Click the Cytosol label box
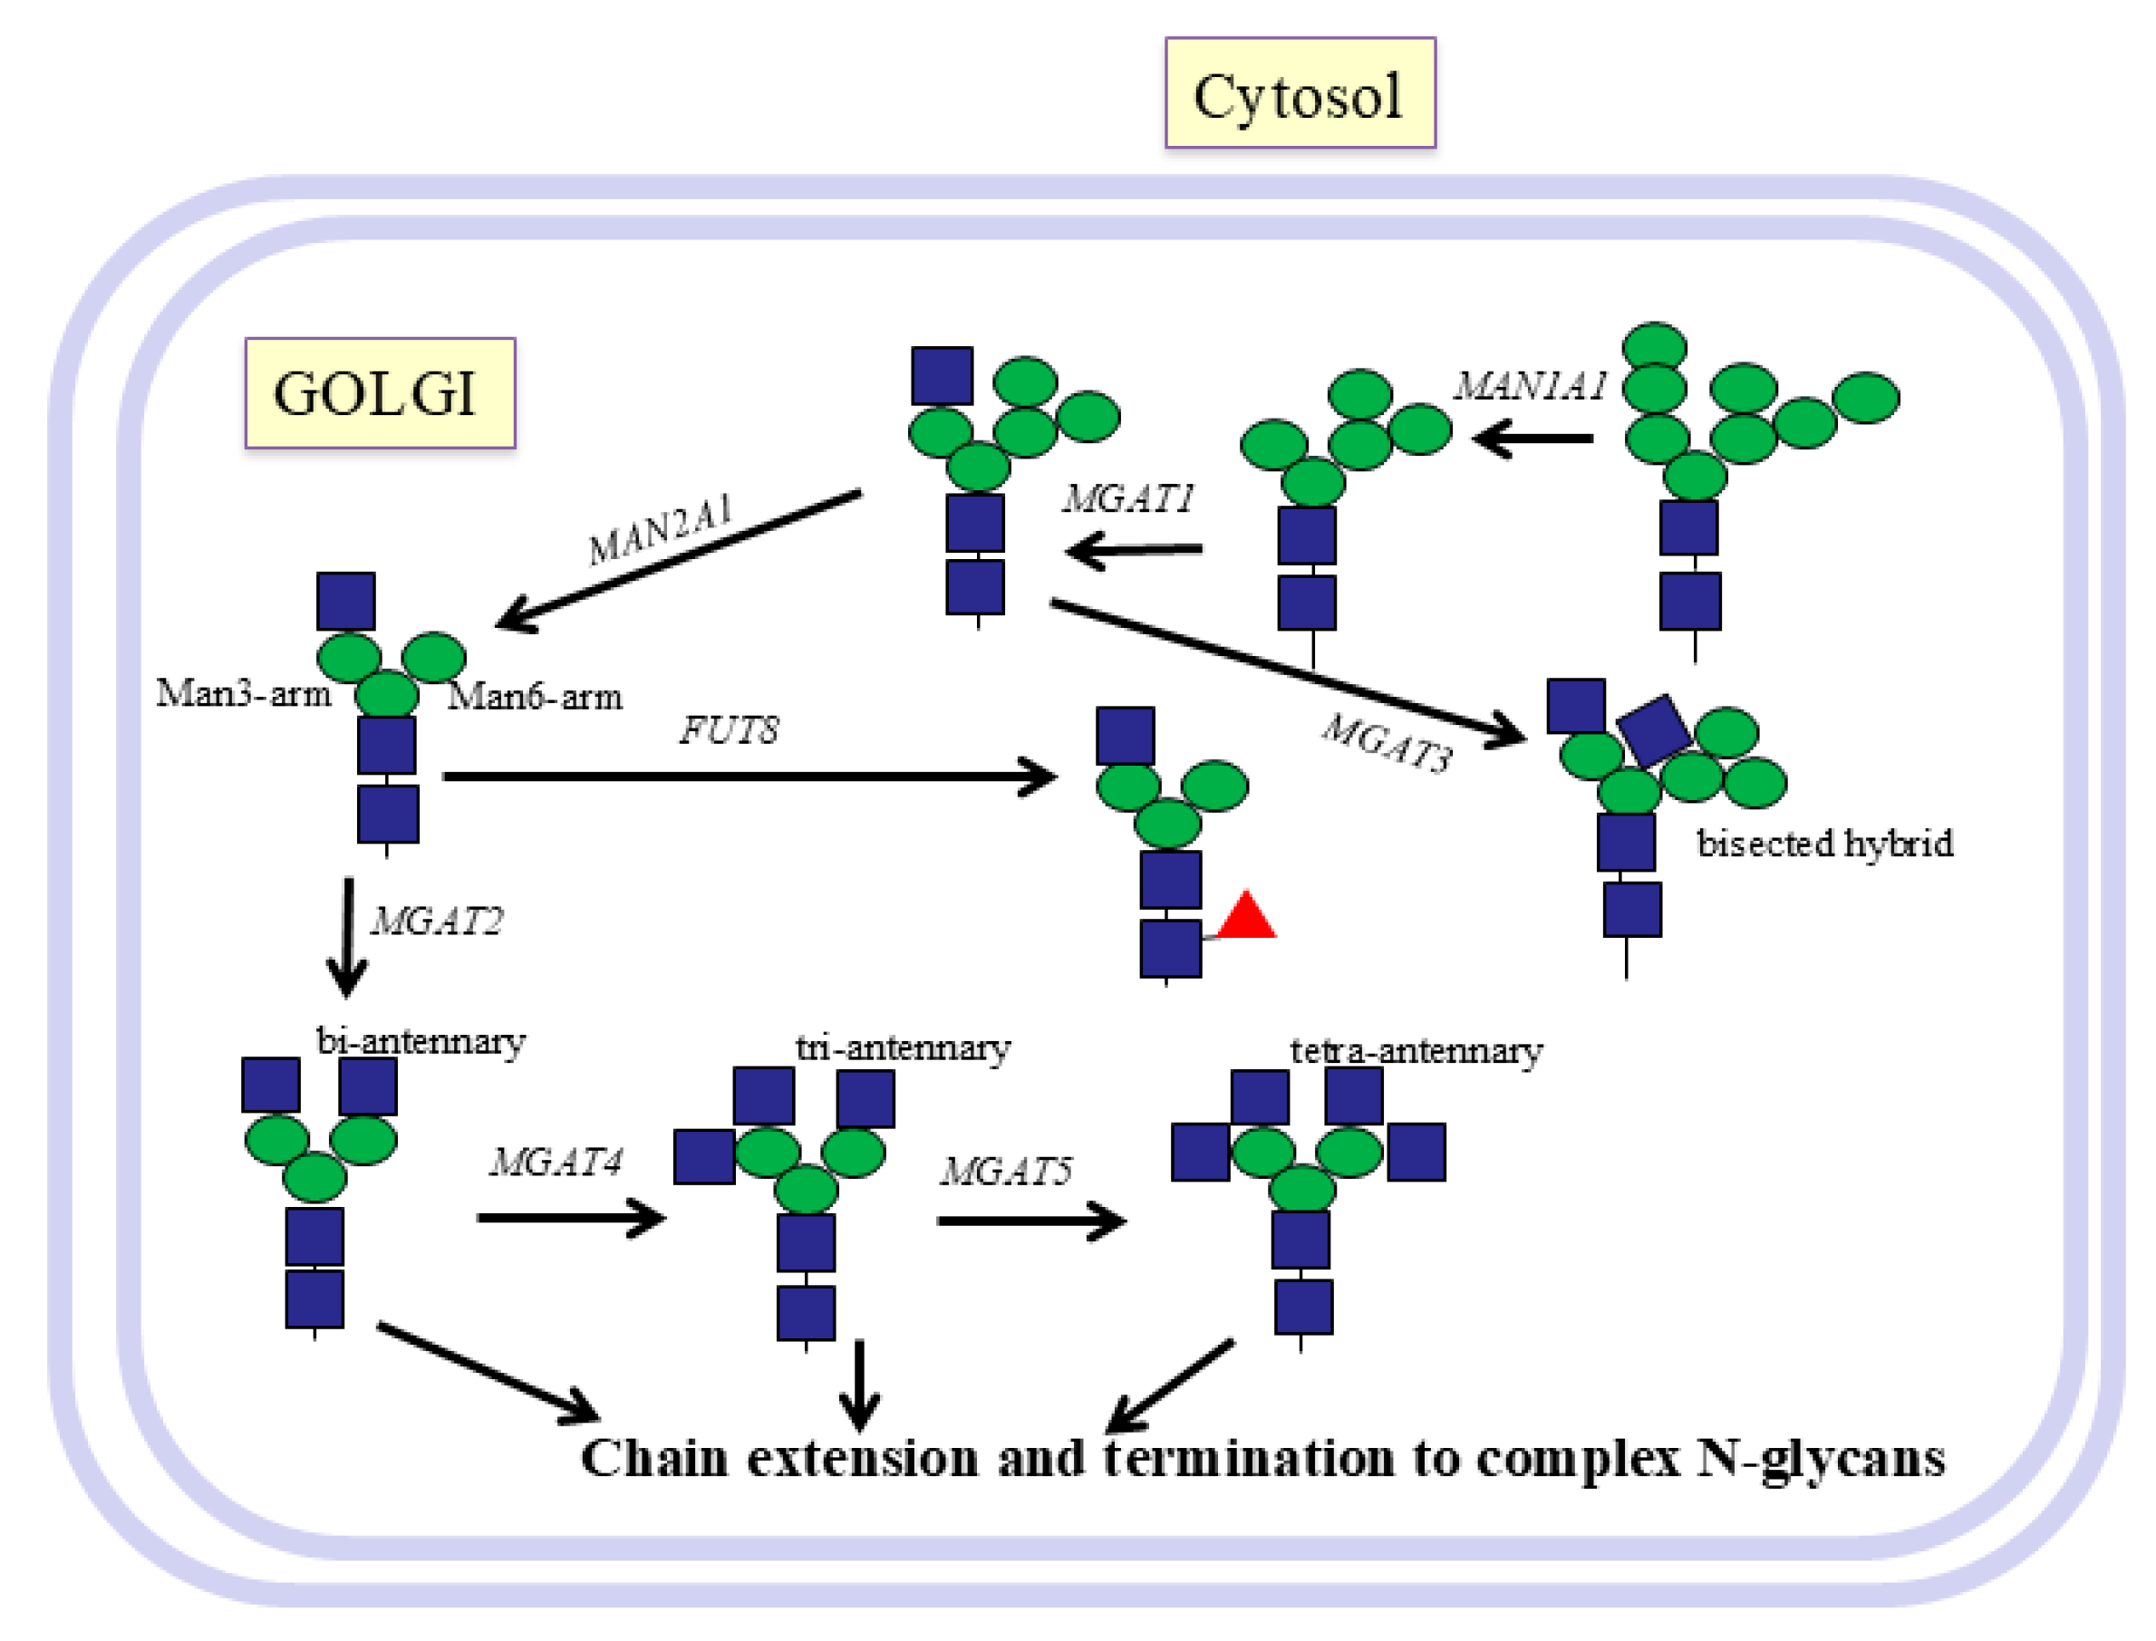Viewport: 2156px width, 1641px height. (x=1300, y=92)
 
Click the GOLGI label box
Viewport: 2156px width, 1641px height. (x=379, y=392)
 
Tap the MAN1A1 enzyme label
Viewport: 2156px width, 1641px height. (x=1530, y=387)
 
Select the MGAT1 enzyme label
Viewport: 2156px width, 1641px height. (x=1128, y=499)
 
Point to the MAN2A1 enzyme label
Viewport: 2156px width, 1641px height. (x=660, y=530)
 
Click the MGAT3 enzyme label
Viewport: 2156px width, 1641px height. (x=1387, y=743)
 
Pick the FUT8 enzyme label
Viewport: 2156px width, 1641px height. (x=729, y=730)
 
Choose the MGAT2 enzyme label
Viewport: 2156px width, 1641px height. (x=437, y=922)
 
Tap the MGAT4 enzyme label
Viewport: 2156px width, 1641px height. (x=556, y=1163)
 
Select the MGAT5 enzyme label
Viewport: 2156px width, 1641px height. (x=1006, y=1171)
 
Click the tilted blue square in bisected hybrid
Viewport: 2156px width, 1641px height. (x=1653, y=729)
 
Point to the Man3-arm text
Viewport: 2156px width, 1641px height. (x=243, y=693)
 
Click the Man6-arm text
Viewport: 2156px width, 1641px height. (x=535, y=698)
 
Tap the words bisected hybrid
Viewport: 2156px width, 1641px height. (x=1824, y=843)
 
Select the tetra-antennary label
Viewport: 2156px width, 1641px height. (x=1416, y=1052)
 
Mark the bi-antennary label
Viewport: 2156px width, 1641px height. (x=421, y=1042)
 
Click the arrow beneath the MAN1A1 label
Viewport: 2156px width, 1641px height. (x=1532, y=439)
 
